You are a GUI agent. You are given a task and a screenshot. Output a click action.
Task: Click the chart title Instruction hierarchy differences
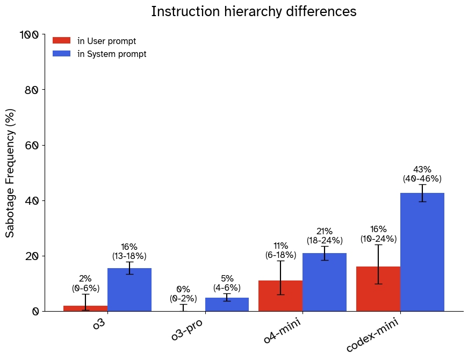point(254,11)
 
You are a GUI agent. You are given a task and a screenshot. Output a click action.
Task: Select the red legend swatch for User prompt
point(61,41)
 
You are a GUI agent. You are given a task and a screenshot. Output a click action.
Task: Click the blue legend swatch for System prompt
point(61,54)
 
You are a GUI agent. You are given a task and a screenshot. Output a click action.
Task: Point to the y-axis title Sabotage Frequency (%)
point(10,173)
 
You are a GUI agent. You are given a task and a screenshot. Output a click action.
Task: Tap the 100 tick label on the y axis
point(29,35)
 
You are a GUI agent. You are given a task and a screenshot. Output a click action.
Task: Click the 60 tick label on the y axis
point(31,146)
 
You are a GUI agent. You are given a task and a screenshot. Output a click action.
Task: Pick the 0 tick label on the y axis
point(35,312)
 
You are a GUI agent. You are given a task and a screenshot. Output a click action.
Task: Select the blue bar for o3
point(129,290)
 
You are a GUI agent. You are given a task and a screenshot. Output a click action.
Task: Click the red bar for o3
point(85,308)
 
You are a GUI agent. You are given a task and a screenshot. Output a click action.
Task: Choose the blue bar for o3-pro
point(227,305)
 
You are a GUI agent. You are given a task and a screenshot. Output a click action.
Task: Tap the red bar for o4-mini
point(280,296)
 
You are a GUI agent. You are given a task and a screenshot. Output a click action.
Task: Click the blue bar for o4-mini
point(325,282)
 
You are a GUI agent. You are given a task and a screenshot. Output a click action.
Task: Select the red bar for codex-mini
point(378,289)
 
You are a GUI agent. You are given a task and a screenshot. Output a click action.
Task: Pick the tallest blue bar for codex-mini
point(422,252)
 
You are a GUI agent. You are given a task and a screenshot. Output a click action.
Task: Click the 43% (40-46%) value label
point(422,174)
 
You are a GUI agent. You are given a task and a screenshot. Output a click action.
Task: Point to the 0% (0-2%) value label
point(183,294)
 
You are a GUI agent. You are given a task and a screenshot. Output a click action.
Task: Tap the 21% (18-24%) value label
point(325,236)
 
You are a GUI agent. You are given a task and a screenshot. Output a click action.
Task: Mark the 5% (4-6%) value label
point(227,283)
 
